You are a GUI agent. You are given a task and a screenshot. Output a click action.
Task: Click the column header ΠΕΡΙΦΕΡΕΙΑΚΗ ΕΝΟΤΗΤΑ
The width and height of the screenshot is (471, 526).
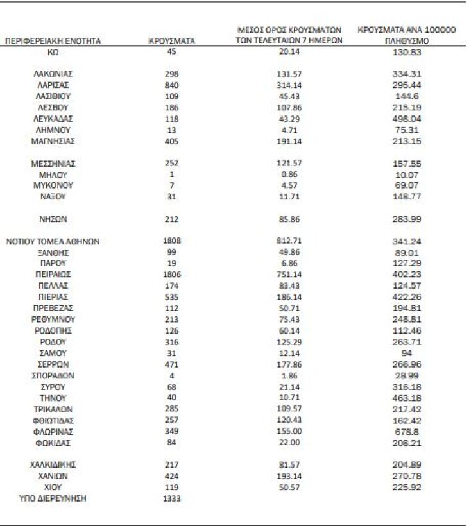click(x=53, y=41)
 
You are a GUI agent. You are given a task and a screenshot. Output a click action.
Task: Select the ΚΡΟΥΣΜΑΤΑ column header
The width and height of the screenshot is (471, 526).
click(x=171, y=41)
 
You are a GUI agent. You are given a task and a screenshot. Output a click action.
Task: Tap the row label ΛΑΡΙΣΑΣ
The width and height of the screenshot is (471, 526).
click(x=53, y=85)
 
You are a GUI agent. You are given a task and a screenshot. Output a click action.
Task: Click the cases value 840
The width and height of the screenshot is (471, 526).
click(x=171, y=85)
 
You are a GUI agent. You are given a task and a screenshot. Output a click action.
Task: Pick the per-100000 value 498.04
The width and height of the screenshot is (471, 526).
click(x=407, y=119)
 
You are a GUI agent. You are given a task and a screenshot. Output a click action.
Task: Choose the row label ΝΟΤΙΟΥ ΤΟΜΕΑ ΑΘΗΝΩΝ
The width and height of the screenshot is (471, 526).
click(x=53, y=242)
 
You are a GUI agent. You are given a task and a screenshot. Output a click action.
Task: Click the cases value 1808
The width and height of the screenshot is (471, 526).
click(x=171, y=242)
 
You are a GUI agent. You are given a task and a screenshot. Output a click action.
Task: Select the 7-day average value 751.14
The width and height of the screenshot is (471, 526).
click(x=288, y=275)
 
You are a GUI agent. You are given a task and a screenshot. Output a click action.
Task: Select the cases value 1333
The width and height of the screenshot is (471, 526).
click(x=171, y=498)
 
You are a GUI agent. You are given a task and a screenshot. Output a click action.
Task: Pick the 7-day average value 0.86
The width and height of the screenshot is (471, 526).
click(x=288, y=174)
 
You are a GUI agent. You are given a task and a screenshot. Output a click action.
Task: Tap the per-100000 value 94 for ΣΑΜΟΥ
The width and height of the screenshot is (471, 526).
click(x=407, y=353)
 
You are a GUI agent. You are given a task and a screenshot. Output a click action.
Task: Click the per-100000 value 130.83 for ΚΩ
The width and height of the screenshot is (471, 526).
click(x=407, y=53)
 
